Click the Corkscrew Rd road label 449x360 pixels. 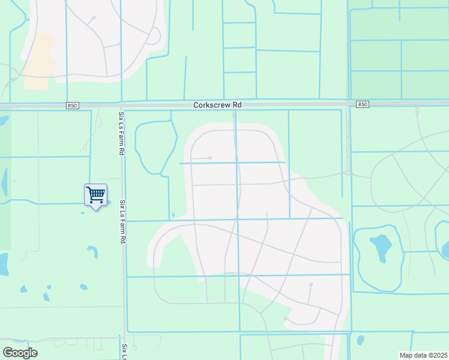point(217,105)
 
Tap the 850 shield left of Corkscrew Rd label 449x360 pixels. point(73,106)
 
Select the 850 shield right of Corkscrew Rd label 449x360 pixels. point(362,104)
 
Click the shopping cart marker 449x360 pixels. point(95,194)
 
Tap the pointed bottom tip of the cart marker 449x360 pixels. point(95,209)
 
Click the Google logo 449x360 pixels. point(20,353)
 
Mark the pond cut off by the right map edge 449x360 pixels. point(445,248)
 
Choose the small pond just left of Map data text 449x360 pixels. point(360,340)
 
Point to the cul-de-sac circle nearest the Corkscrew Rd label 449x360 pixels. point(210,158)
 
